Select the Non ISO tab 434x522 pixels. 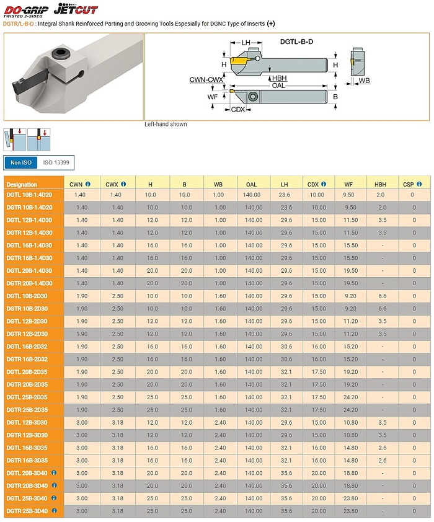coord(20,163)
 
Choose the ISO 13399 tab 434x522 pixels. coord(56,163)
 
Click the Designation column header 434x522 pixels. coord(22,184)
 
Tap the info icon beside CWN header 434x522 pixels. coord(88,184)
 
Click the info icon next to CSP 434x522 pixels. coord(419,184)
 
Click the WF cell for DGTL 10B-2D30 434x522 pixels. coord(350,296)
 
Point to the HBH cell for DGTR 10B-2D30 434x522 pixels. coord(382,309)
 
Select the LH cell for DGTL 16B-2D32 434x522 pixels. coord(286,347)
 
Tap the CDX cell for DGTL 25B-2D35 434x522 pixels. coord(318,397)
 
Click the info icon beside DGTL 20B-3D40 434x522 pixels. coord(54,473)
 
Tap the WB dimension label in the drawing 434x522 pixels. coord(364,81)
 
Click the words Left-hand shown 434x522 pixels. coord(166,125)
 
